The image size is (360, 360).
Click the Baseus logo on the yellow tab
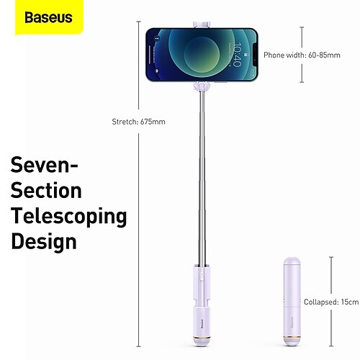coord(48,17)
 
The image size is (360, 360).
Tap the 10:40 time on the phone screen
coord(238,55)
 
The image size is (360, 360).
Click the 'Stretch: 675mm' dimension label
coord(138,122)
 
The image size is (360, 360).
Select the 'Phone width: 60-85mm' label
coord(302,55)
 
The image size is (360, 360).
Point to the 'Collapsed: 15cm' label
coord(331,302)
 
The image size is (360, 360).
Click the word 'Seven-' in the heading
coord(44,165)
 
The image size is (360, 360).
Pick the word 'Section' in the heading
coord(46,190)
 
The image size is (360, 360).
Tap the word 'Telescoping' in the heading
coord(68,217)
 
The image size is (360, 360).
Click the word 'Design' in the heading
coord(44,242)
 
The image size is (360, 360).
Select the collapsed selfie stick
coord(292,302)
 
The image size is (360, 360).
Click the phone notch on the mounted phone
coord(255,55)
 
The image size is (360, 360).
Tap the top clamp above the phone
coord(202,24)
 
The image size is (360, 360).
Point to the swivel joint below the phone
coord(202,86)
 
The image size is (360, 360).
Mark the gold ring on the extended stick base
coord(202,337)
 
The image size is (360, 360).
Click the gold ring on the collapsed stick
coord(292,337)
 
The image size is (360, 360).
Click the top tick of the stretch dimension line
coord(138,22)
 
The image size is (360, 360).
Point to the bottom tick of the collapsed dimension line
coord(331,346)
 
